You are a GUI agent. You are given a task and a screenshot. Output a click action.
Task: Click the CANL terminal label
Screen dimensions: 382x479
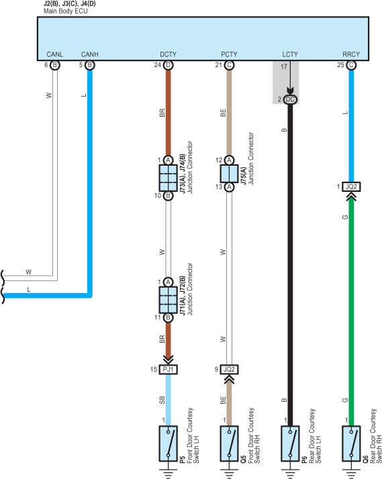coord(54,54)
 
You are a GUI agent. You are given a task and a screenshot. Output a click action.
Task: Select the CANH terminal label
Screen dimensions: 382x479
coord(89,54)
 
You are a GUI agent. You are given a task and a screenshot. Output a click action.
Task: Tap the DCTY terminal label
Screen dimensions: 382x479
coord(168,54)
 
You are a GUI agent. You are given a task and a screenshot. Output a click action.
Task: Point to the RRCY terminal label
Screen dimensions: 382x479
coord(351,54)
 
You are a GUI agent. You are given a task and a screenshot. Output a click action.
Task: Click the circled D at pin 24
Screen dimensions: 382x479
coord(168,65)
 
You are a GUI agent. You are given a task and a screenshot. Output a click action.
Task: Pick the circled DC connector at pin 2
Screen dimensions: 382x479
coord(290,99)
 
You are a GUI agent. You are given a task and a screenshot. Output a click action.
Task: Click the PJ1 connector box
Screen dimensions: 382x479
coord(168,370)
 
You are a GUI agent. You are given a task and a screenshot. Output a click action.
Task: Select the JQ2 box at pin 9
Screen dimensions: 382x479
coord(229,370)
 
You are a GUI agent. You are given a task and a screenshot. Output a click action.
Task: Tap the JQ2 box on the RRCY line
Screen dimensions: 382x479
coord(351,187)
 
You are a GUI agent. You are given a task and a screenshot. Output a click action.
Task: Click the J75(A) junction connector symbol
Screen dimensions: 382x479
coord(229,174)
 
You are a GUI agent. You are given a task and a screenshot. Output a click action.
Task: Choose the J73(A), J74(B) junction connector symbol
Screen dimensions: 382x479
coord(168,178)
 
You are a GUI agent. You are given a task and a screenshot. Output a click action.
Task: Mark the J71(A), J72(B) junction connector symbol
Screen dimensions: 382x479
coord(168,300)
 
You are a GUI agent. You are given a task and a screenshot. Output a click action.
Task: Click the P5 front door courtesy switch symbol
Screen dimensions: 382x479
coord(168,443)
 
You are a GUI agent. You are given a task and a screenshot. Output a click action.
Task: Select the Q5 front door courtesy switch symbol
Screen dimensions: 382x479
coord(229,443)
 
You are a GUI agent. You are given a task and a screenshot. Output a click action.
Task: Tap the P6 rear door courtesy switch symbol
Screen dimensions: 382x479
coord(290,443)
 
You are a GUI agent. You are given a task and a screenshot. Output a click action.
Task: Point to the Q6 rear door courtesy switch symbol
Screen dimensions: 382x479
coord(351,443)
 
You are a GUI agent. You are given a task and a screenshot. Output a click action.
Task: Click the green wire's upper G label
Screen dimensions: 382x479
coord(345,217)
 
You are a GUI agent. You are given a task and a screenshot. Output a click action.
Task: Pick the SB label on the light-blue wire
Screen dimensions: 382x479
coord(162,400)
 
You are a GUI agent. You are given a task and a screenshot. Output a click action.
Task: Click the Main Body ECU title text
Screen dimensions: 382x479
coord(65,11)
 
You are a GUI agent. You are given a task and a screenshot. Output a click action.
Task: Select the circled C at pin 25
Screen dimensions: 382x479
coord(351,65)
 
